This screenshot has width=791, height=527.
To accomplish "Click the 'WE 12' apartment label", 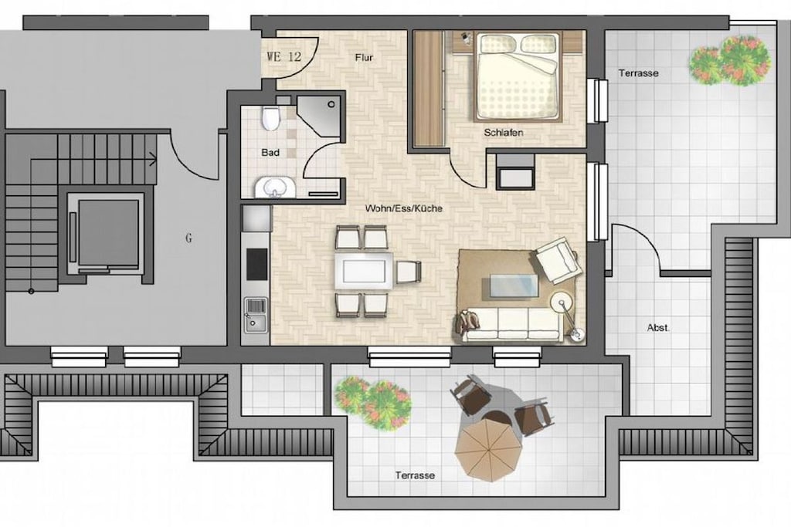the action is click(283, 56).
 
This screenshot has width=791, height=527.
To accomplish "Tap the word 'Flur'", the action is click(364, 57).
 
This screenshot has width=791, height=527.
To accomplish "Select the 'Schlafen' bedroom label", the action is click(503, 133).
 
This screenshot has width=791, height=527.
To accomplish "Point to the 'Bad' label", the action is click(270, 152).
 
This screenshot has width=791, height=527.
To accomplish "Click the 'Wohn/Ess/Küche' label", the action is click(403, 208).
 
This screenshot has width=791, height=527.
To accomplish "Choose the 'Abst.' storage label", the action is click(658, 327).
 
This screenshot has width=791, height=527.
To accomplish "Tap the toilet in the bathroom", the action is click(271, 118).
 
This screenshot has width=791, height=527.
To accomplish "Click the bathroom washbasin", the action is click(275, 187).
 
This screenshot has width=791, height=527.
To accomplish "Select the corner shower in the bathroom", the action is click(318, 116).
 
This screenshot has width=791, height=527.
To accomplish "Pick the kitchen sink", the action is click(256, 315).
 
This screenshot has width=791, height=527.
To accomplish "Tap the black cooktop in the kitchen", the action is click(256, 264).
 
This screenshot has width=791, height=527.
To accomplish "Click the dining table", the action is click(364, 271).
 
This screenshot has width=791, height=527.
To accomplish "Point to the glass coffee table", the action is click(514, 288).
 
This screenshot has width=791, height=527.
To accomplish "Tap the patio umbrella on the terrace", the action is click(487, 449).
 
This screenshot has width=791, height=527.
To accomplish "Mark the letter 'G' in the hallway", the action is click(188, 238).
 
